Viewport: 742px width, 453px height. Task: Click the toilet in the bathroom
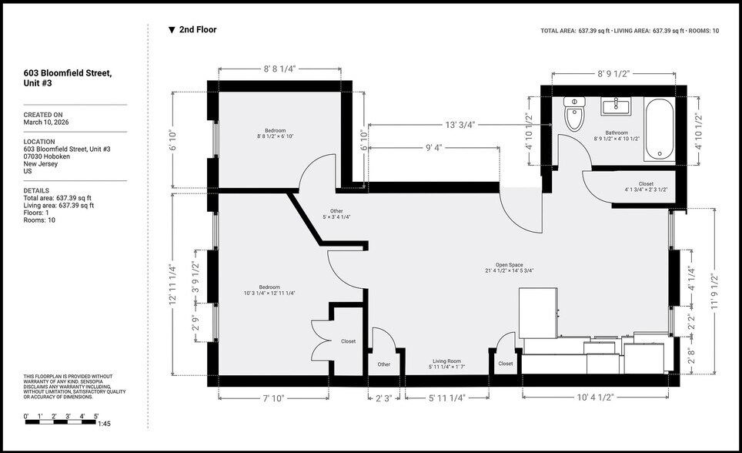[575, 116]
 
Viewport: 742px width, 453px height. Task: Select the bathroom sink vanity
[616, 106]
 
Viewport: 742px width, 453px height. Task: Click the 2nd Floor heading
[197, 30]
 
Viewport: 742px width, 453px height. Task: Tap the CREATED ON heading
[43, 115]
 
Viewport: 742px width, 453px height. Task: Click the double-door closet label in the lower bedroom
[348, 341]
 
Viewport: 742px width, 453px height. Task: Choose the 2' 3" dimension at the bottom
[383, 398]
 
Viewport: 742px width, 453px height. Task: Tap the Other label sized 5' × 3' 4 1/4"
[336, 213]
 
